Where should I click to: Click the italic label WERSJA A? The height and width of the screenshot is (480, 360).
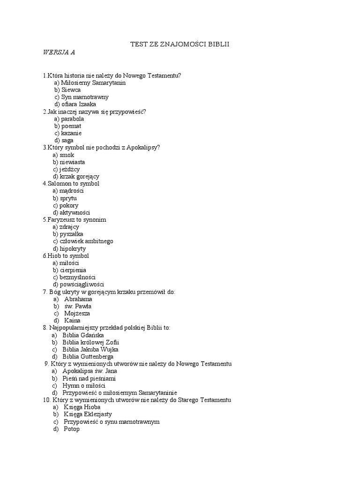tap(59, 52)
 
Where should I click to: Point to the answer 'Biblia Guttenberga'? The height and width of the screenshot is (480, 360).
tap(88, 357)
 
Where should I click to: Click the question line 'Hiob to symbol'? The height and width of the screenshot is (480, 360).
tap(66, 256)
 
